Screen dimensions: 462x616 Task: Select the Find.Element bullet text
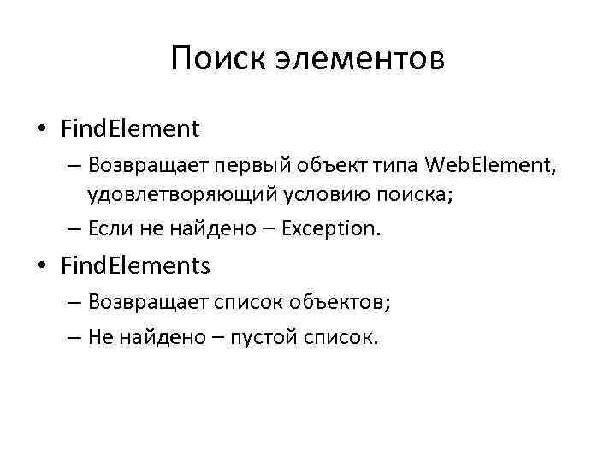[130, 129]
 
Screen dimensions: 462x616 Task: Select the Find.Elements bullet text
[135, 266]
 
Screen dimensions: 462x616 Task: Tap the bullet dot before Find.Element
[42, 130]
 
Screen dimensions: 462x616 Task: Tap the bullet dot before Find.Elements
[42, 267]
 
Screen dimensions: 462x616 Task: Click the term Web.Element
[490, 163]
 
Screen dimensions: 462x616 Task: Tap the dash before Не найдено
[72, 337]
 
